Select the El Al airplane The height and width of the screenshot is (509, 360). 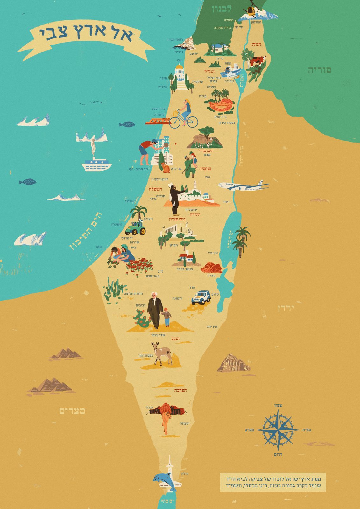click(x=244, y=187)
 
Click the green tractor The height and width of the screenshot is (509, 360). click(x=135, y=228)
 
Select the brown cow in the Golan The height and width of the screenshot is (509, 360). click(x=257, y=60)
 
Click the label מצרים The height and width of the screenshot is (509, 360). click(x=72, y=411)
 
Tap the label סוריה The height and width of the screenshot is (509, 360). click(x=319, y=70)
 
